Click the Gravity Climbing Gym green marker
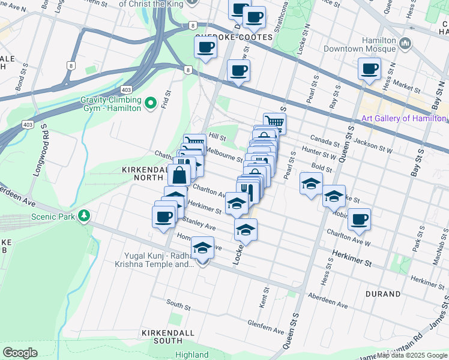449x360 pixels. (150, 101)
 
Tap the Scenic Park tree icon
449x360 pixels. (85, 215)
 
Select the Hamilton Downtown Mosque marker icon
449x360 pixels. (405, 43)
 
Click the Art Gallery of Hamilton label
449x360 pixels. (403, 118)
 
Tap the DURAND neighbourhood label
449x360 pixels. (382, 295)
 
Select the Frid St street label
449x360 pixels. (167, 100)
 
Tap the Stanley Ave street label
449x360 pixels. (201, 224)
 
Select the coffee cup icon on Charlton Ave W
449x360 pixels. (359, 219)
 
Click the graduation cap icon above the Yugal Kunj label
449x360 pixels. (203, 247)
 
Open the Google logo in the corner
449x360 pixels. (20, 352)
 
